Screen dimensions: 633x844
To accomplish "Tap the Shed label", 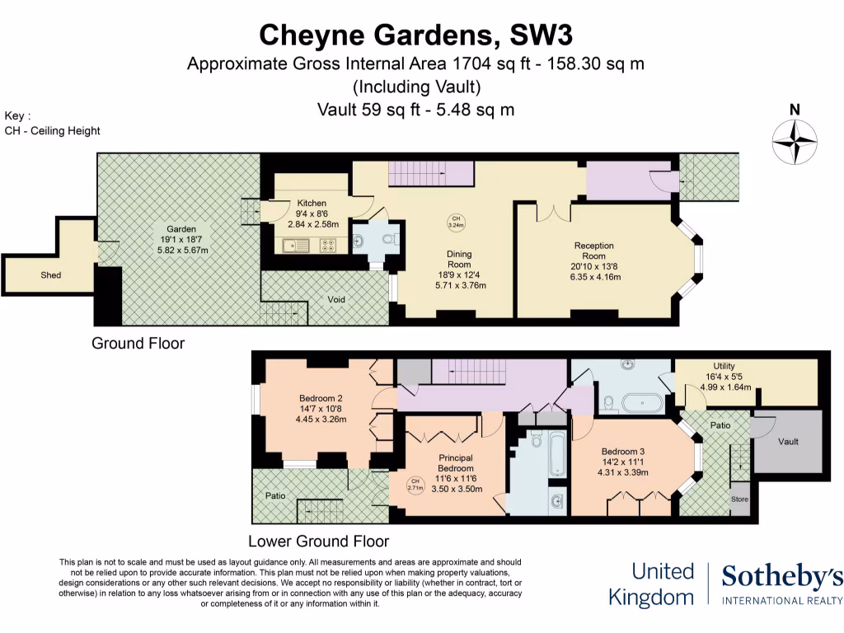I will [51, 274].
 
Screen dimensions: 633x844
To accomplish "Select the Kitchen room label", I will [312, 203].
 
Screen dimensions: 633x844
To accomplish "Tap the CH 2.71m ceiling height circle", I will [415, 485].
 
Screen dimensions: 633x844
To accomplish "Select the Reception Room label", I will [594, 251].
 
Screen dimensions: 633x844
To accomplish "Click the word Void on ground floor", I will [336, 298].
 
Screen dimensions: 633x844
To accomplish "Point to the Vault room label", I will [789, 441].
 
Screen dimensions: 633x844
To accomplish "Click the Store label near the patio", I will [739, 499].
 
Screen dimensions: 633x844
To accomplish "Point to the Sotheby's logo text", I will [782, 577].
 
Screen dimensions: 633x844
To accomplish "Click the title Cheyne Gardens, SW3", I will [416, 35].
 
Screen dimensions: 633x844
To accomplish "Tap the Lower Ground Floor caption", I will [318, 542].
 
